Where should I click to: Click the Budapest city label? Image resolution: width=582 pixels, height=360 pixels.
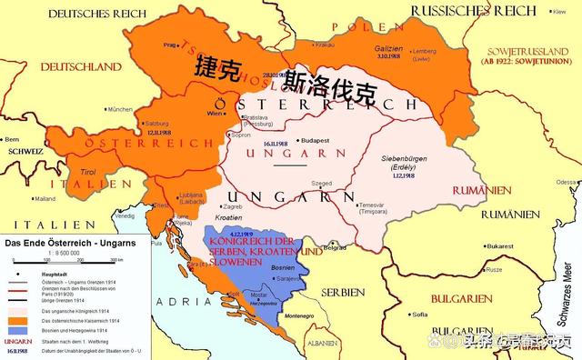pos(317,141)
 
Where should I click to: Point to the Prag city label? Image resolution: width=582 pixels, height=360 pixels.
pos(168,44)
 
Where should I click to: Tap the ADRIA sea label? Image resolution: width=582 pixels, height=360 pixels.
pos(183,299)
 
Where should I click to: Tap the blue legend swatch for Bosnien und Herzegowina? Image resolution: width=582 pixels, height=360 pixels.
pos(17,328)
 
